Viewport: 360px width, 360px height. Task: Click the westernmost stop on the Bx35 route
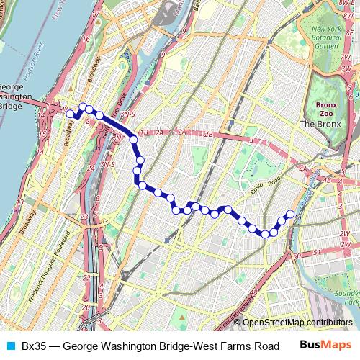[70, 114]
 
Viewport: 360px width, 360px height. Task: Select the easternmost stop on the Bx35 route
[290, 213]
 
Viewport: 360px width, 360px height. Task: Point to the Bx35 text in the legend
[34, 346]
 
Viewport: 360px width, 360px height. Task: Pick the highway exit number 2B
[209, 133]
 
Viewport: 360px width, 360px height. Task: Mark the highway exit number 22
[87, 277]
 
